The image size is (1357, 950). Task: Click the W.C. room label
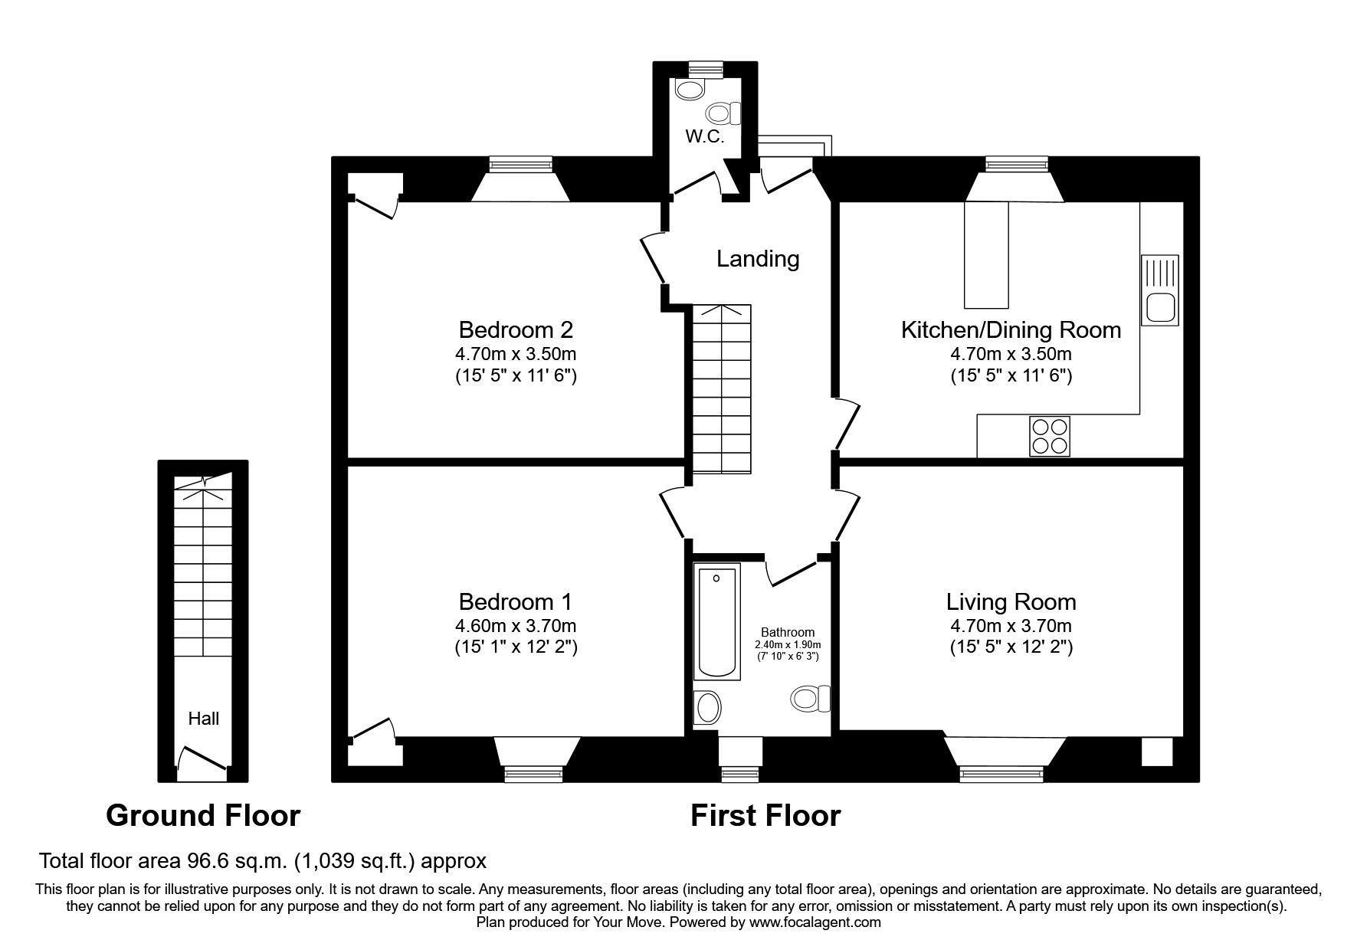704,137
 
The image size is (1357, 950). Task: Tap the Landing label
757,259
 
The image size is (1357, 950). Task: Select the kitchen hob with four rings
1049,437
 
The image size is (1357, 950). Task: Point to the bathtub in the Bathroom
716,621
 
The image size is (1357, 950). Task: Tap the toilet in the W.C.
723,114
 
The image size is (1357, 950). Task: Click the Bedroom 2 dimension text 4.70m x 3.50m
515,354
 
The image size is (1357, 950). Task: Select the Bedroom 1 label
515,601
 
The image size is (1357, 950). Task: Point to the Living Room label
1011,601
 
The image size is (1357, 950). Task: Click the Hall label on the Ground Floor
203,719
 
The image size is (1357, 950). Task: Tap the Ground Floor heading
203,815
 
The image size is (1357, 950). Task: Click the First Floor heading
765,815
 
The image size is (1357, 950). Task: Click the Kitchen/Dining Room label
1011,330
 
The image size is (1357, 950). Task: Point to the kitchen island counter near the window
987,253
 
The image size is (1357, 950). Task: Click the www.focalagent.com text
815,922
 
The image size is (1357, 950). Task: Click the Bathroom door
791,572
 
